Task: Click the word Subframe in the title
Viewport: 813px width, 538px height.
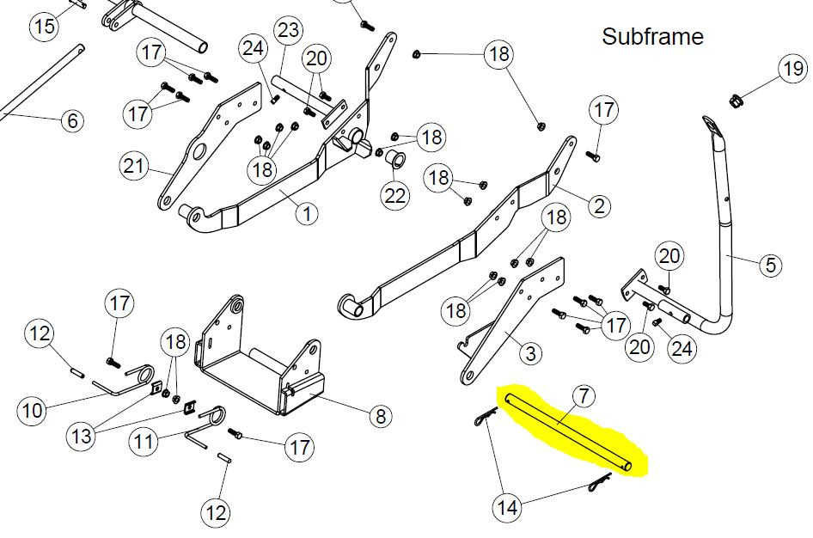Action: (x=652, y=37)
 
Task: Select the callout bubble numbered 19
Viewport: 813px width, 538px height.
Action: (x=792, y=68)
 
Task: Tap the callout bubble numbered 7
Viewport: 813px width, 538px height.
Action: (x=583, y=397)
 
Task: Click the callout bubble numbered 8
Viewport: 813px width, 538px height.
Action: (x=379, y=417)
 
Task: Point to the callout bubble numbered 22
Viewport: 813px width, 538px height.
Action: (x=395, y=195)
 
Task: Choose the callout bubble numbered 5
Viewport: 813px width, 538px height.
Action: (x=769, y=265)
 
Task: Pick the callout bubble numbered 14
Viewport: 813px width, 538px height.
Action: (x=508, y=507)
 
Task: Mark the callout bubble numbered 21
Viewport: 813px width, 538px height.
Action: (x=134, y=166)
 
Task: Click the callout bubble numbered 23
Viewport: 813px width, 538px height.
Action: (x=289, y=31)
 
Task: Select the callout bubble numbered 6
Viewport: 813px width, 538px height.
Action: (x=71, y=120)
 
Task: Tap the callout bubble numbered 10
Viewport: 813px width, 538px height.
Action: (x=33, y=411)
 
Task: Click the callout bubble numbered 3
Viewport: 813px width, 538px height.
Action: (x=530, y=352)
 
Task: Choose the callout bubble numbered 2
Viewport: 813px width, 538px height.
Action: (x=600, y=205)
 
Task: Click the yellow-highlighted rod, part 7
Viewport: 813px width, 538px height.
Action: (x=571, y=432)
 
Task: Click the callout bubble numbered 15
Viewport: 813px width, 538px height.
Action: (x=44, y=26)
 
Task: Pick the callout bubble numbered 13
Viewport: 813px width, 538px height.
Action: (x=83, y=436)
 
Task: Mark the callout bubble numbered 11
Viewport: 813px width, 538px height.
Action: (x=144, y=443)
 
